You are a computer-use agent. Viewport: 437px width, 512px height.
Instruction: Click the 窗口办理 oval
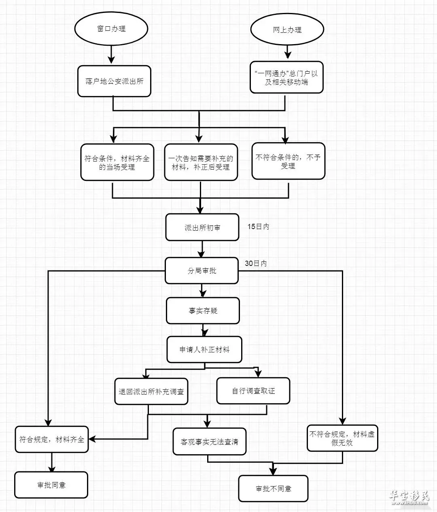click(x=111, y=29)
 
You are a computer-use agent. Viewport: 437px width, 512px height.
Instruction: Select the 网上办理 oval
click(x=287, y=30)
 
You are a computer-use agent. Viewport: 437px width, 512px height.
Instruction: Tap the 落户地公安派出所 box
click(x=114, y=81)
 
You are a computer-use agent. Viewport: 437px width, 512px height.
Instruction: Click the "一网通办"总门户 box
click(x=286, y=77)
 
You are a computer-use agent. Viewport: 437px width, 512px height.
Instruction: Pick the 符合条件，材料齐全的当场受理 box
click(x=117, y=162)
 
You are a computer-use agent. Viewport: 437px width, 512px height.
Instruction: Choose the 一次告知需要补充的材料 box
click(x=201, y=162)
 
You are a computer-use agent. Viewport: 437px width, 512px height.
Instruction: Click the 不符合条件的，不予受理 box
click(x=288, y=161)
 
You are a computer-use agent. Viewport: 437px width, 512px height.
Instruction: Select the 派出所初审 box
click(x=202, y=227)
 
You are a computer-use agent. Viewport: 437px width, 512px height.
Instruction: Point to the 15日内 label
click(x=258, y=227)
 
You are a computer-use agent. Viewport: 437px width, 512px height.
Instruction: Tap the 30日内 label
click(x=256, y=263)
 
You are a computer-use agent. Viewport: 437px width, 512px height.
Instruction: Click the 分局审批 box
click(x=202, y=270)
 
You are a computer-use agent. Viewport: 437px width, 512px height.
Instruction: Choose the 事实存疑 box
click(x=203, y=310)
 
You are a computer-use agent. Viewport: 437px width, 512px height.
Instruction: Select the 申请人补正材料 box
click(x=204, y=350)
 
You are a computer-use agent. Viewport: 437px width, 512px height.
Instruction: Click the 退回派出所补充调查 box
click(x=151, y=392)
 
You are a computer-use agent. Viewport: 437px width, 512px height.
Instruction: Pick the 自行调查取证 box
click(x=253, y=391)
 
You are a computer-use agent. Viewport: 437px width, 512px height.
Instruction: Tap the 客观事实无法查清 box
click(x=210, y=442)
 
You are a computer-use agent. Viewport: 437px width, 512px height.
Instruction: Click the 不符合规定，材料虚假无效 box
click(x=342, y=438)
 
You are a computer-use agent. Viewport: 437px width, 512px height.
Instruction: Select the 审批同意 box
click(x=51, y=485)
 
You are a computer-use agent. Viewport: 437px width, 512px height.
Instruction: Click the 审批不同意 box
click(x=274, y=489)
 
